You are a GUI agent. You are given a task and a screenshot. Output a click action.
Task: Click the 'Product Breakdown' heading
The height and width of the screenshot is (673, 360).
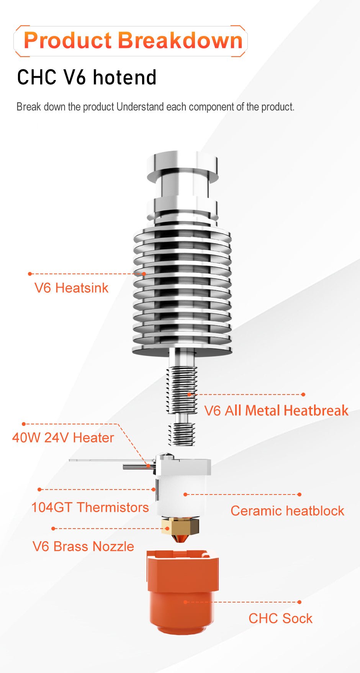click(133, 41)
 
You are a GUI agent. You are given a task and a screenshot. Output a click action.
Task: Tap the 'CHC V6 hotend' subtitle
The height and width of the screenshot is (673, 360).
click(87, 77)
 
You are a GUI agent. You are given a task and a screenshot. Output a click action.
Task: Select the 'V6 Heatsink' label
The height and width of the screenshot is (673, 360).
click(71, 288)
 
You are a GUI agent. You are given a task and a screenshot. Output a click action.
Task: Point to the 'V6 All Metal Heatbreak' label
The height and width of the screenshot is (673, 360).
click(276, 411)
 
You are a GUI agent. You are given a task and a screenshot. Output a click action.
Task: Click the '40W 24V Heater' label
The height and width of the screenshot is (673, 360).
click(63, 437)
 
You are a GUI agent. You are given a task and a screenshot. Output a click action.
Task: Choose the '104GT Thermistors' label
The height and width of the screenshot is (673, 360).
click(90, 508)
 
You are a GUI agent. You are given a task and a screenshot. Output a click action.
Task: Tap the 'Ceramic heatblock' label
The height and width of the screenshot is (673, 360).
click(287, 511)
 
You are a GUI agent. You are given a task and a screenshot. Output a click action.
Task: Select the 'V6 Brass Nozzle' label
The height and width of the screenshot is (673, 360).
click(83, 547)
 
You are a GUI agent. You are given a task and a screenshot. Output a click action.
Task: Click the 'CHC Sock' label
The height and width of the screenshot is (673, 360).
click(280, 619)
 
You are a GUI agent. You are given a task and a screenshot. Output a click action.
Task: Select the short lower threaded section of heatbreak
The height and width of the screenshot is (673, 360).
click(182, 434)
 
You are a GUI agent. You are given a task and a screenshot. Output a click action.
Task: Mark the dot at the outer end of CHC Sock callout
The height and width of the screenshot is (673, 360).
click(299, 602)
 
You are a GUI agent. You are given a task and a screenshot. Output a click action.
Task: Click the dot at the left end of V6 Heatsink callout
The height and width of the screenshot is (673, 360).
click(30, 274)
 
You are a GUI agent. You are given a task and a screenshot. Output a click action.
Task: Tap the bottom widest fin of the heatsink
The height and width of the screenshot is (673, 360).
click(182, 350)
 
